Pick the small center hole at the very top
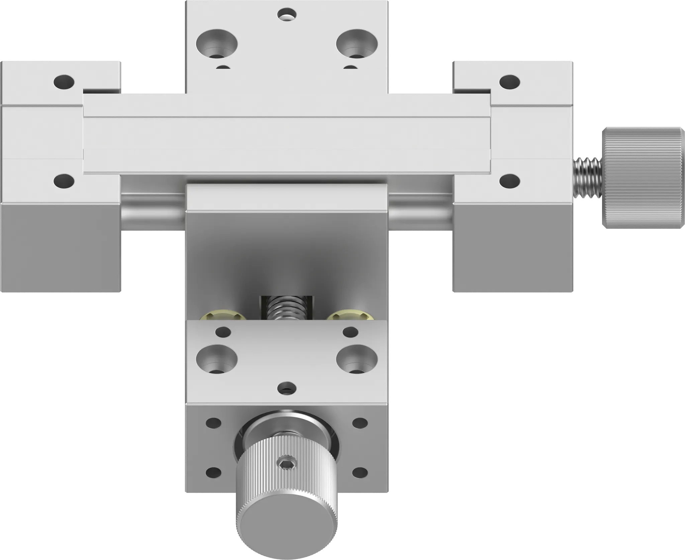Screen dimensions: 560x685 (287, 14)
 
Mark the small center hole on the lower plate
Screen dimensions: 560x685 (287, 388)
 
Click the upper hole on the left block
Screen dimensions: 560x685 (64, 81)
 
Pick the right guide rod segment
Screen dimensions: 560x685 (420, 212)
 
